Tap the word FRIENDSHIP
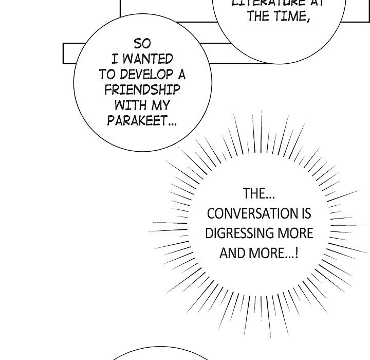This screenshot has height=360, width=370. point(142,90)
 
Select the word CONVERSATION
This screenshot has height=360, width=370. point(248,213)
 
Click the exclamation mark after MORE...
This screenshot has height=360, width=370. point(298,253)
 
